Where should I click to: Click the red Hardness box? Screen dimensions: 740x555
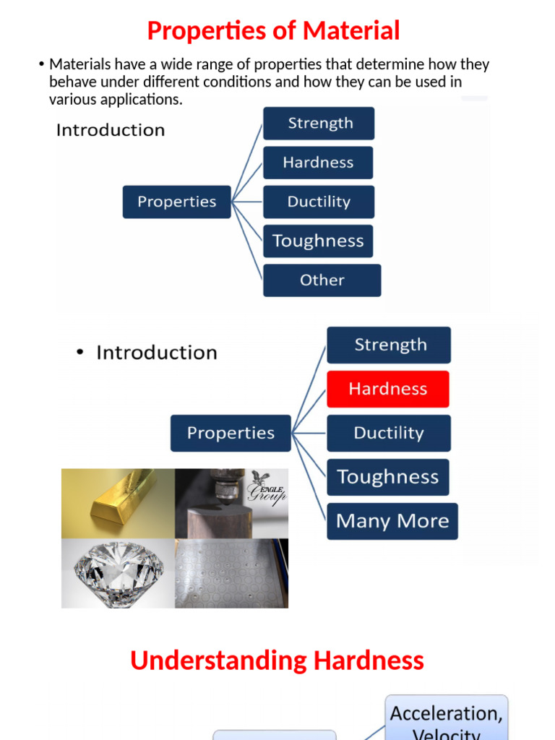(387, 389)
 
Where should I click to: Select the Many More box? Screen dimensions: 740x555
(392, 521)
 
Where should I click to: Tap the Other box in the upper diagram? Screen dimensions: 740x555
(322, 280)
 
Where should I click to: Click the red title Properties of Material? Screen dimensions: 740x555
(273, 31)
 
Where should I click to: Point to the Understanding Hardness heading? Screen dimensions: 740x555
(277, 661)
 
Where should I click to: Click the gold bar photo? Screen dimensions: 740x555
(118, 503)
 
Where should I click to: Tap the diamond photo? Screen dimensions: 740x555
(118, 572)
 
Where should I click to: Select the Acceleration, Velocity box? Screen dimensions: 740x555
(446, 719)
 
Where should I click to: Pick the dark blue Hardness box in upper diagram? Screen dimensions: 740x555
(318, 163)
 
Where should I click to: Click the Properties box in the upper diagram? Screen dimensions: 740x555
(176, 202)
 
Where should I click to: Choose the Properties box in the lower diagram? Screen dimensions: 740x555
(231, 433)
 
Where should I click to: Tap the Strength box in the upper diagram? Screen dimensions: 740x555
(319, 123)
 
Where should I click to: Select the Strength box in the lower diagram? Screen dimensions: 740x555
(389, 345)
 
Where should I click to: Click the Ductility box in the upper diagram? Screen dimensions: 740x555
(319, 202)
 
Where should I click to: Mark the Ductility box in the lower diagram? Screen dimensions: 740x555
(389, 433)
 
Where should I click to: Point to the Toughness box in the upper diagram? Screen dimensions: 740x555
(318, 241)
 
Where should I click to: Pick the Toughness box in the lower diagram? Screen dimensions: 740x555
(387, 477)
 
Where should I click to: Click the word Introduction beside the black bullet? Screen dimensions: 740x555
(157, 353)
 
